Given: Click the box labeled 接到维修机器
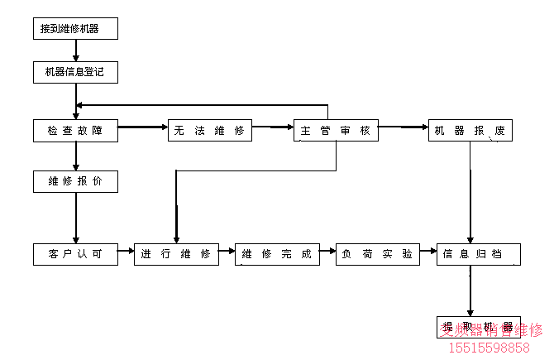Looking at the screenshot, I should (76, 29).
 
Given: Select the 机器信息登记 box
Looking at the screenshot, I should (75, 73).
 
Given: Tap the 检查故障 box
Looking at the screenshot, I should (75, 131).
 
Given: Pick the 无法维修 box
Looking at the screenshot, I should (210, 131).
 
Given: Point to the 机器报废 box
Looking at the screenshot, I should (470, 131).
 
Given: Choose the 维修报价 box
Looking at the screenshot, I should (75, 180).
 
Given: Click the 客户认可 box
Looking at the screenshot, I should (75, 254).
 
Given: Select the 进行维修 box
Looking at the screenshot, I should (176, 254).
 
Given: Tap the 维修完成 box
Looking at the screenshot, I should (277, 254).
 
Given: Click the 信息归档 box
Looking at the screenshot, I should (478, 254).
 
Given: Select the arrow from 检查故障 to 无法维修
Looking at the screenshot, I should (143, 128).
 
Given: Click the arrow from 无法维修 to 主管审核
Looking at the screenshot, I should (273, 128).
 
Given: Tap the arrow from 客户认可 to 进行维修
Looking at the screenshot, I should (126, 249).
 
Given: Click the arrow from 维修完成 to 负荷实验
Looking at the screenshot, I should (327, 249).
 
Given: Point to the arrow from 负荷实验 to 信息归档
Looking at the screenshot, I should (428, 249).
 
